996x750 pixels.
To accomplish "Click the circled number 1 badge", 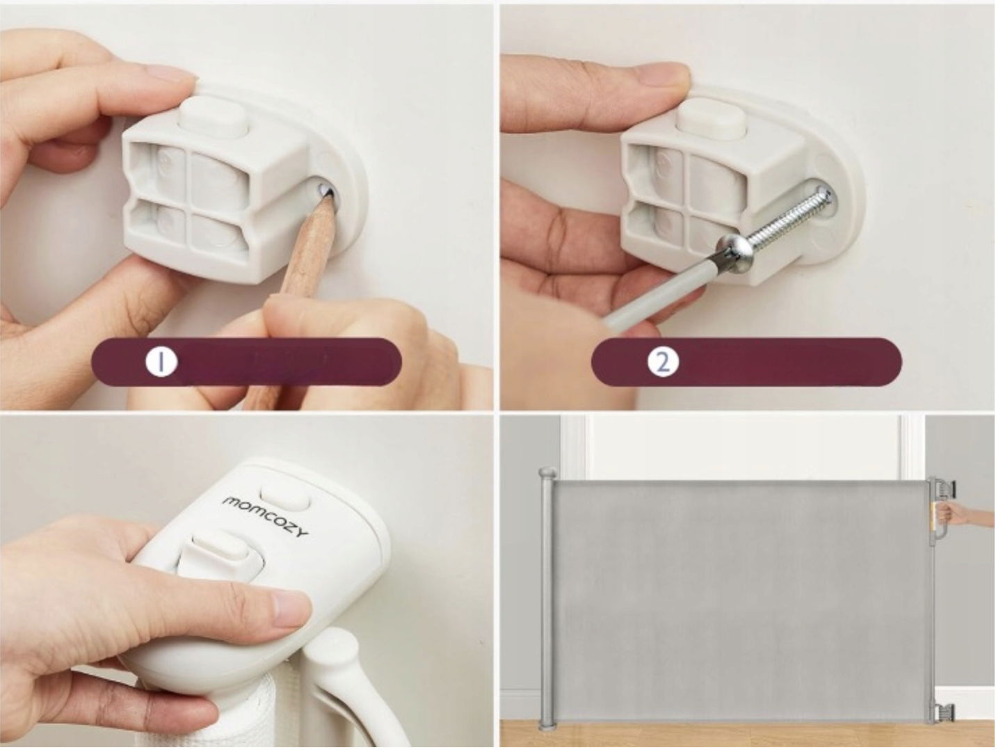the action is coord(161,362).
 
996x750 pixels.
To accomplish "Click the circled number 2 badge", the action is coord(663,362).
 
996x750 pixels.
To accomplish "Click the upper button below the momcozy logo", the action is coord(285,497).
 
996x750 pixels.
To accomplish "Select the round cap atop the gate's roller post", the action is coord(548,474).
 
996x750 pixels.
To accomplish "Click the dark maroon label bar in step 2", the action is coord(746,362).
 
